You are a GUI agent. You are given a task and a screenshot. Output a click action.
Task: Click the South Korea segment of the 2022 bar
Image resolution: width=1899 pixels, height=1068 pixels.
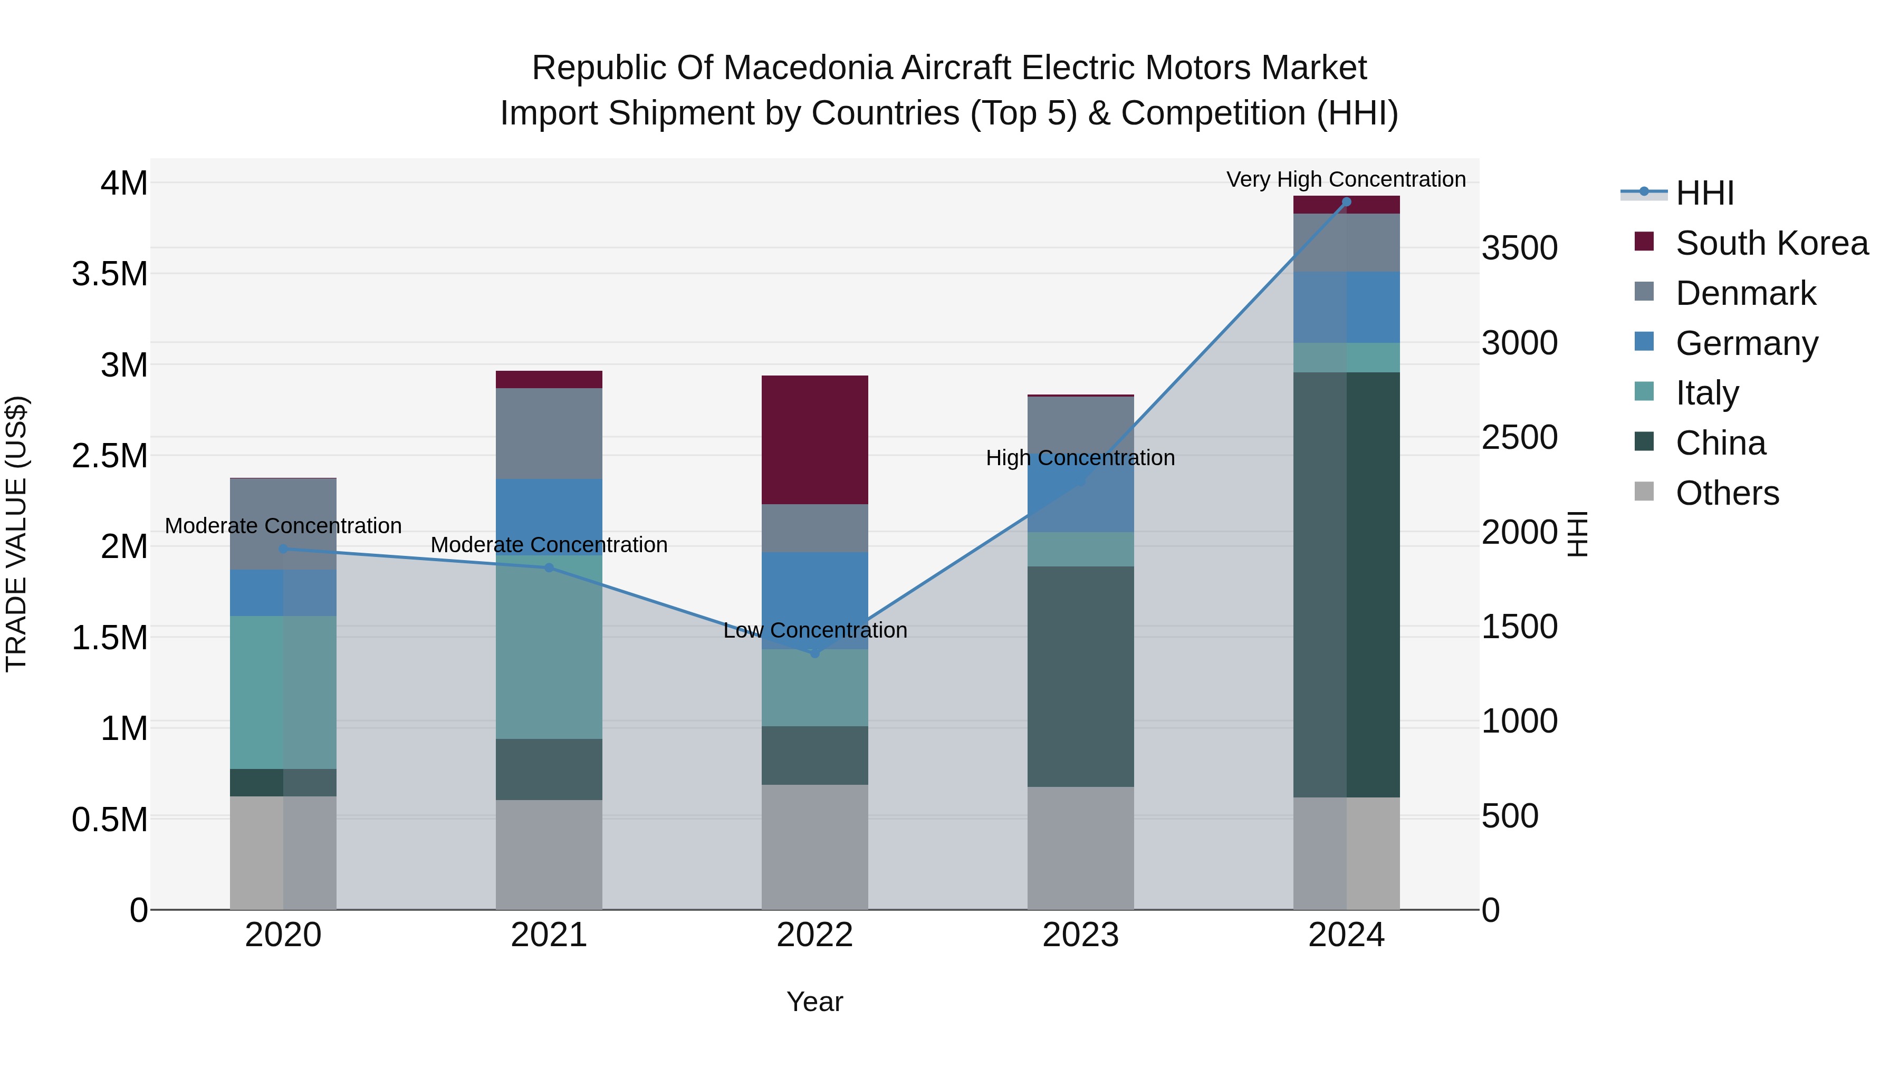814,439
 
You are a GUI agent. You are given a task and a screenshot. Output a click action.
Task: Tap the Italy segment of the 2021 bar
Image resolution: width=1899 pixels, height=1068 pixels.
549,647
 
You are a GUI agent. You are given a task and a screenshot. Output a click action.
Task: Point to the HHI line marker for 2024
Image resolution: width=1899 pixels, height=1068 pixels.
1346,202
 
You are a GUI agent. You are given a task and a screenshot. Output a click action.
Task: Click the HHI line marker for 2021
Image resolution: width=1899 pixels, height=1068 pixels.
549,567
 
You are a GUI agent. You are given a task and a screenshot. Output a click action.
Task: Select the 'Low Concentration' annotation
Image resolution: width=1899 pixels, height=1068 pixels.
814,630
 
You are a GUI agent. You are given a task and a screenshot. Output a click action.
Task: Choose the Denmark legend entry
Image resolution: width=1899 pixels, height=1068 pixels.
1745,293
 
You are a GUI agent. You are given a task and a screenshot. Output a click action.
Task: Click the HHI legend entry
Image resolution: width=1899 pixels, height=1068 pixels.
1704,193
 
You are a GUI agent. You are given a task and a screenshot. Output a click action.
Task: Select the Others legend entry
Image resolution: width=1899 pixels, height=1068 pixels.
1727,493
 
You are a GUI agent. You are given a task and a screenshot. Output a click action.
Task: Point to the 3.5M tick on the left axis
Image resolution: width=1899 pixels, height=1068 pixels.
110,273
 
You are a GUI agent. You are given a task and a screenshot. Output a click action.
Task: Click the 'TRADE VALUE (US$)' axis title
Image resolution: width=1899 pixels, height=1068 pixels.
16,534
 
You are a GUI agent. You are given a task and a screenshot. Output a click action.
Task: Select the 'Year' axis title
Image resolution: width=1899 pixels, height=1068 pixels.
814,1002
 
